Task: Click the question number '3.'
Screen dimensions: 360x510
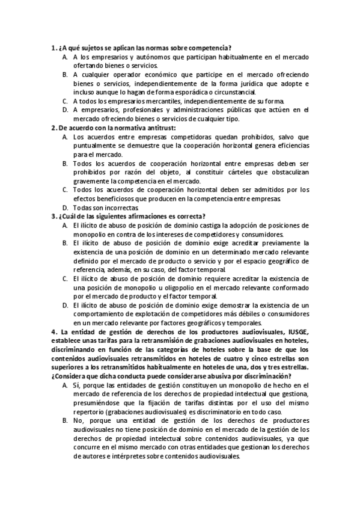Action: coord(54,217)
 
